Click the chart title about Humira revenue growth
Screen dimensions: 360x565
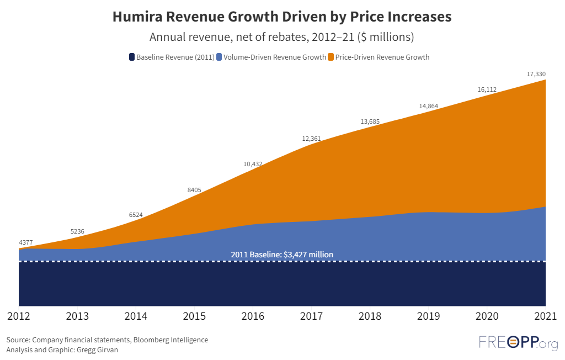click(x=282, y=17)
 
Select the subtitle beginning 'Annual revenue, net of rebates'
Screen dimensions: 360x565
click(x=282, y=38)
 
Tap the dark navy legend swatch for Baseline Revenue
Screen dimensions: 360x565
click(x=132, y=57)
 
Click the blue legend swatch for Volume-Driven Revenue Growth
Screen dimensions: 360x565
click(x=219, y=57)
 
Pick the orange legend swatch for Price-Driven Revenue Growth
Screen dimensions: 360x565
click(x=331, y=57)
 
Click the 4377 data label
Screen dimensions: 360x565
click(x=26, y=242)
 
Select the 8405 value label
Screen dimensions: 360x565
click(x=194, y=190)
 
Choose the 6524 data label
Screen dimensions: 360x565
click(x=136, y=214)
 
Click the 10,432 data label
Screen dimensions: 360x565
click(x=253, y=163)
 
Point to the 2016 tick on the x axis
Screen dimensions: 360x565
click(x=253, y=317)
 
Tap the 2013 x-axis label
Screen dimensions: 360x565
click(x=77, y=317)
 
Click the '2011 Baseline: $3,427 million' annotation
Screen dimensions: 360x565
click(x=282, y=255)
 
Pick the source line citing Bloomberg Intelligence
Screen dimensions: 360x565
click(x=107, y=340)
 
